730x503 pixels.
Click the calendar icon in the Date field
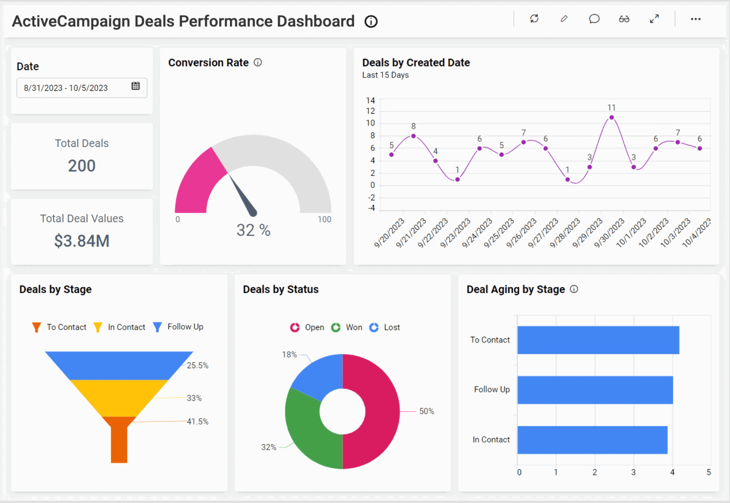click(135, 86)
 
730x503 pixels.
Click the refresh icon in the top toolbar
click(534, 19)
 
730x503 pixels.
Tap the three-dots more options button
click(695, 19)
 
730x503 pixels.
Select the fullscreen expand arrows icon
click(654, 19)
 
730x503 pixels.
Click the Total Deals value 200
click(82, 166)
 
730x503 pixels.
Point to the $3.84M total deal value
click(82, 241)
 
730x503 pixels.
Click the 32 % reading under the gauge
click(253, 231)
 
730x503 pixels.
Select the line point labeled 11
click(611, 117)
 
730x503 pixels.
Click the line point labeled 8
click(413, 136)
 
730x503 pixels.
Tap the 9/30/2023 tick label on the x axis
click(609, 233)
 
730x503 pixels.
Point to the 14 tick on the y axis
click(371, 101)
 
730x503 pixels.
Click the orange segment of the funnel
click(119, 440)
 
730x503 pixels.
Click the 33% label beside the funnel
click(194, 398)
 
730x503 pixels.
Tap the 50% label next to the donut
click(426, 411)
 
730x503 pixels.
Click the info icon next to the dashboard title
click(371, 22)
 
